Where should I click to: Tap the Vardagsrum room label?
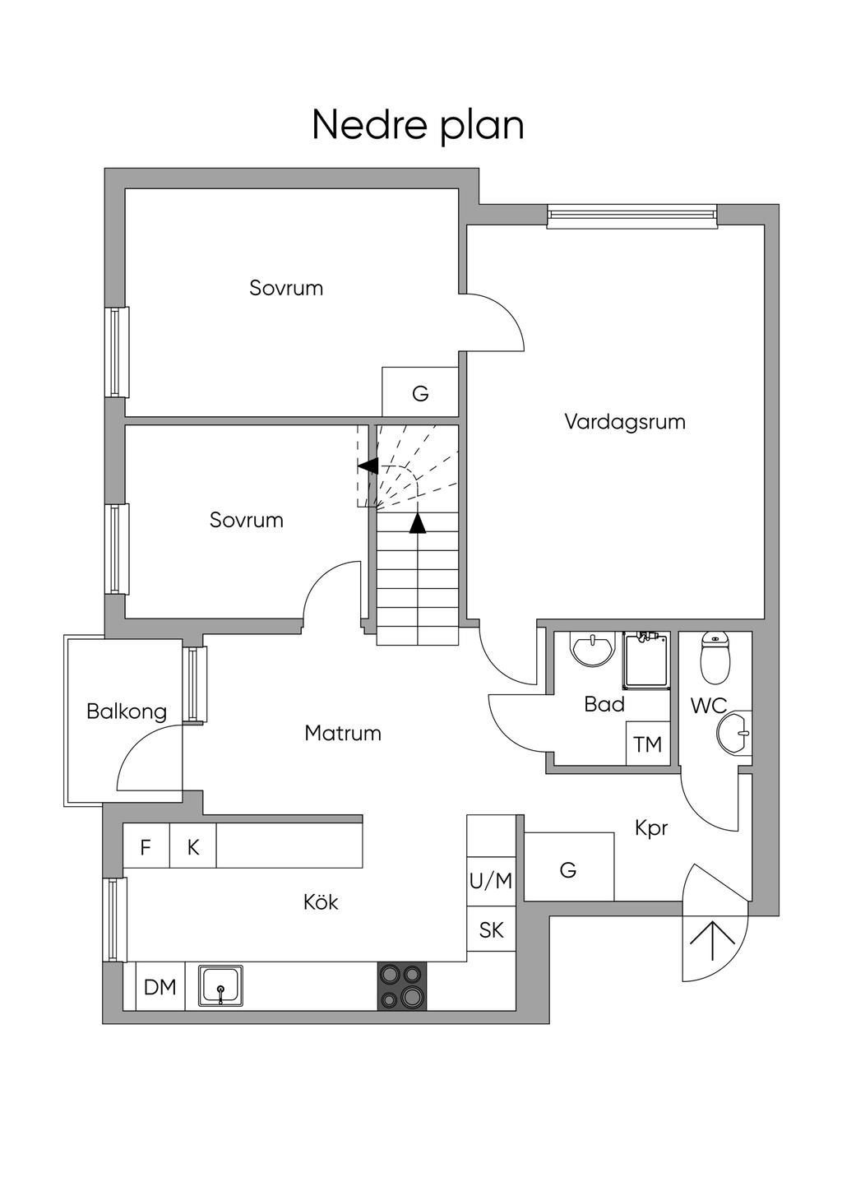pos(624,422)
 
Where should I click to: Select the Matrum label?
pos(342,733)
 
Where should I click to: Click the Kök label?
pos(321,902)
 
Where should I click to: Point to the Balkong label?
pos(127,711)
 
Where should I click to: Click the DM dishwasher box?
pos(160,986)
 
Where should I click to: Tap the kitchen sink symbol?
pos(220,985)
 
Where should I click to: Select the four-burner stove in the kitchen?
pos(402,986)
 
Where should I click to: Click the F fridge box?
pos(146,846)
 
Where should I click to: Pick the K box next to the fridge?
pos(193,846)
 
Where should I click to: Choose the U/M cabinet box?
pos(491,881)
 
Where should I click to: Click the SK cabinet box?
pos(491,929)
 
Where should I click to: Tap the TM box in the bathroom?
pos(648,744)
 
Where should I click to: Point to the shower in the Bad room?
pos(646,660)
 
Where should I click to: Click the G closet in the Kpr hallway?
pos(568,869)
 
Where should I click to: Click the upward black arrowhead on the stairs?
pos(418,522)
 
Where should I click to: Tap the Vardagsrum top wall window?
pos(631,215)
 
